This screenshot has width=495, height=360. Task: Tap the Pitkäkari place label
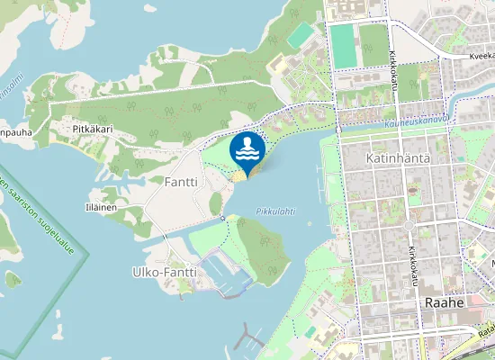click(x=92, y=130)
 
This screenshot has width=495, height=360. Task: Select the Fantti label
click(x=180, y=181)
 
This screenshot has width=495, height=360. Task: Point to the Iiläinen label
click(x=100, y=207)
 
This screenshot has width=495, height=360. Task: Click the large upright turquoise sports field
click(x=342, y=45)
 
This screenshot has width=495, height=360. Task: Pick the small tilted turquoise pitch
click(x=303, y=34)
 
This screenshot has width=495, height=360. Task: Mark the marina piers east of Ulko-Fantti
click(x=224, y=274)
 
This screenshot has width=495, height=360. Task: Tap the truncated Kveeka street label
click(x=481, y=56)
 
